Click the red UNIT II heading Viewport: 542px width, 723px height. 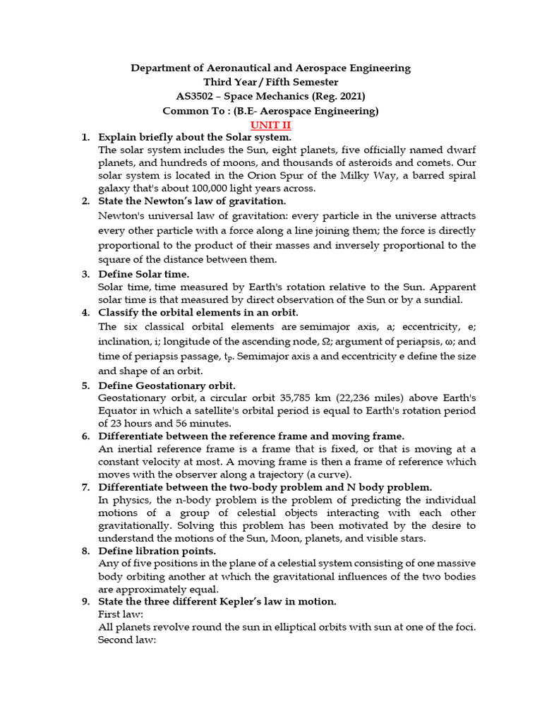(270, 124)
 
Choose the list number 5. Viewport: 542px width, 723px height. (85, 386)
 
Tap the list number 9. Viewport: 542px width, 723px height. (85, 602)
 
